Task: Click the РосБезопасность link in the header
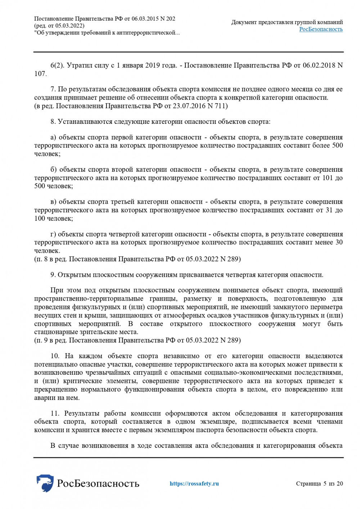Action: pos(321,29)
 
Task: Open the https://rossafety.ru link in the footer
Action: pos(194,483)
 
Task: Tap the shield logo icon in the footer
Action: pos(45,483)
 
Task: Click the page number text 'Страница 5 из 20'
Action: pos(319,483)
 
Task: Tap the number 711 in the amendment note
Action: pos(220,106)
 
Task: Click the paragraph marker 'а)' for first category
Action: pos(53,137)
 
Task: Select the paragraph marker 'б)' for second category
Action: pos(54,170)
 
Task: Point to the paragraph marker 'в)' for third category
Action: pos(53,202)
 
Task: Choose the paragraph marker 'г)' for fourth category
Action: pos(53,234)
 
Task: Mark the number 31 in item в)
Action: pos(329,210)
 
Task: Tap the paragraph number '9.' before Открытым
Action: pos(53,275)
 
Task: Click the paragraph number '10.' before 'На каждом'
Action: pos(55,356)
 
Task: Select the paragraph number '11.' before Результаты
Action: pos(55,413)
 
